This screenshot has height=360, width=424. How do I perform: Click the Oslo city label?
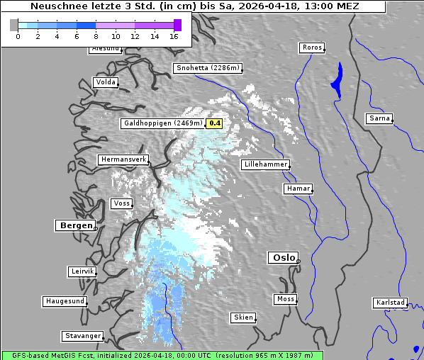point(283,257)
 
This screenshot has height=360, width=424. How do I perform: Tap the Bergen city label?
point(75,225)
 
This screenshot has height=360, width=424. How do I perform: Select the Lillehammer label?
point(265,164)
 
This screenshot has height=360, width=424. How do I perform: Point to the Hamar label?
point(297,189)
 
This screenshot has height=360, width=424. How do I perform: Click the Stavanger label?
point(82,336)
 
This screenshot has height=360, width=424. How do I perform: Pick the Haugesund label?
point(65,301)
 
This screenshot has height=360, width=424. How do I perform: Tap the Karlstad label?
point(390,303)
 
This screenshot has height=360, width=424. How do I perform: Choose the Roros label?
point(312,47)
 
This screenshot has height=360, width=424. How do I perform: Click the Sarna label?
point(379,118)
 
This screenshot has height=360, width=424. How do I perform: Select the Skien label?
point(243,317)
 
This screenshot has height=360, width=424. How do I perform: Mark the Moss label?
point(286,299)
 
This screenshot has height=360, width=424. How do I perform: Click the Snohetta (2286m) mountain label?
point(208,68)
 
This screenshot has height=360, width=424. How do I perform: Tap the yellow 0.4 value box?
point(215,123)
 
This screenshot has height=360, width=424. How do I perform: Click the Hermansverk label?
point(123,159)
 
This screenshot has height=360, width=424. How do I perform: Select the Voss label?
point(121,203)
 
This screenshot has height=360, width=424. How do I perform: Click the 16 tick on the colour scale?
point(174,35)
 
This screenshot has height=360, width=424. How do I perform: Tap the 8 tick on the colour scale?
point(96,35)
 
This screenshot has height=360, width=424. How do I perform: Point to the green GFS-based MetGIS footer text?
point(162,355)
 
